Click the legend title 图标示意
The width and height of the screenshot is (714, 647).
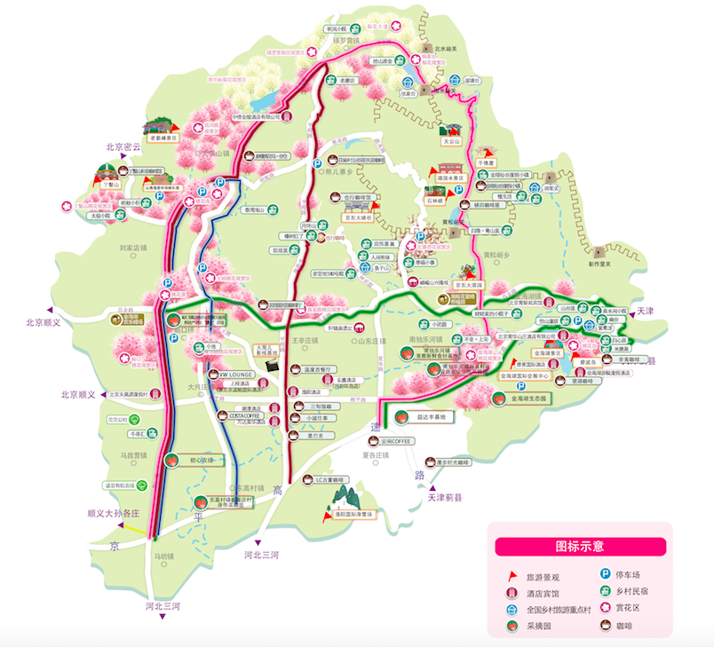579,546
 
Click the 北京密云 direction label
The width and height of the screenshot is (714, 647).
123,147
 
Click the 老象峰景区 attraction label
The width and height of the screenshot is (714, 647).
163,138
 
